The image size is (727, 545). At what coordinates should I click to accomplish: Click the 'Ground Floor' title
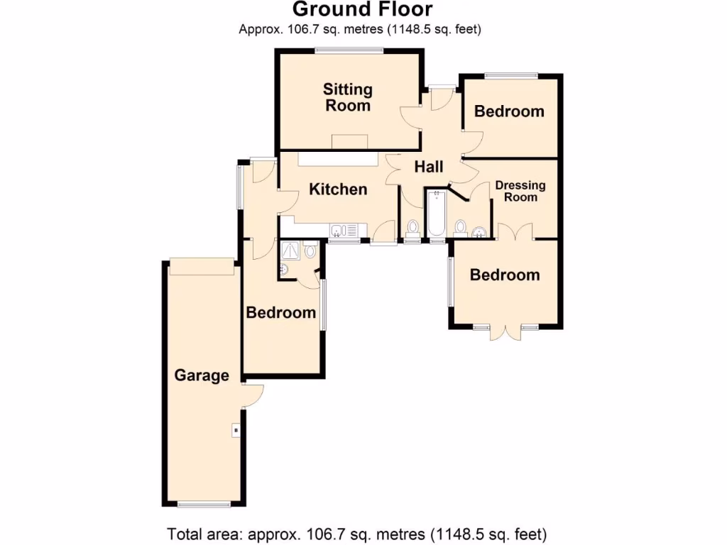click(x=362, y=10)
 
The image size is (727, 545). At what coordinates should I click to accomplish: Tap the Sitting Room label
click(x=347, y=97)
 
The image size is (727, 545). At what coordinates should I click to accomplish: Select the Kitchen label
click(x=339, y=189)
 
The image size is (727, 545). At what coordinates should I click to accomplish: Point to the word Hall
click(x=429, y=167)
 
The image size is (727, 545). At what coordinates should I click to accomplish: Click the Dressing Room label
click(x=520, y=191)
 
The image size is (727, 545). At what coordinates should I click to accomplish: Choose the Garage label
click(x=202, y=375)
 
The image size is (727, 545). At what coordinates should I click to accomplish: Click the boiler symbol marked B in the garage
click(x=235, y=430)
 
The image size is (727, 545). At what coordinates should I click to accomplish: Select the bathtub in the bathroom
click(x=435, y=214)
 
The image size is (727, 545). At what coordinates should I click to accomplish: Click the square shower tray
click(x=290, y=250)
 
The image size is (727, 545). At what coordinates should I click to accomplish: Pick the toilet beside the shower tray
click(x=310, y=251)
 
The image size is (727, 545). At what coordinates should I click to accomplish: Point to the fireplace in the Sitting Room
click(x=351, y=141)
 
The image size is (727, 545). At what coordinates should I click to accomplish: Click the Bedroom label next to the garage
click(x=280, y=312)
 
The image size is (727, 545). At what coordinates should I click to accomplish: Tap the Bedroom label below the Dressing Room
click(x=504, y=275)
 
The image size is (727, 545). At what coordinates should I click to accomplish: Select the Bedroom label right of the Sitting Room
click(x=509, y=111)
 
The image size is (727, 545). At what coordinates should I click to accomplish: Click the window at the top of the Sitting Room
click(x=349, y=50)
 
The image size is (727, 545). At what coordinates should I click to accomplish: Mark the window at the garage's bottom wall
click(x=204, y=505)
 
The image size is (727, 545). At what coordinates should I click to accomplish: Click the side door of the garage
click(x=253, y=395)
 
